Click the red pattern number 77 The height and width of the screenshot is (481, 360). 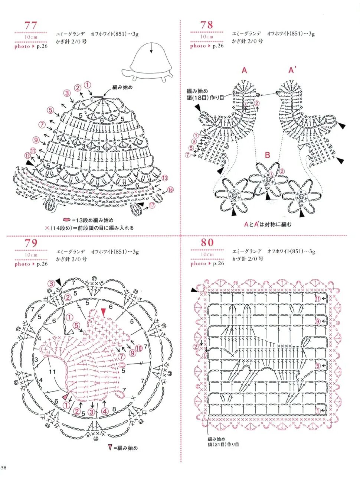(x=31, y=25)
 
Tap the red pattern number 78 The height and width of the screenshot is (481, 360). (x=207, y=25)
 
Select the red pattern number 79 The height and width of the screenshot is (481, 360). (x=31, y=243)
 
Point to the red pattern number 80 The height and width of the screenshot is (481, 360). (x=207, y=243)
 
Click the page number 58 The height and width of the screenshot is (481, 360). (x=4, y=467)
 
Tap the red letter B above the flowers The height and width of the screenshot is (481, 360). (x=267, y=155)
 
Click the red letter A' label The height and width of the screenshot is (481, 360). (x=292, y=70)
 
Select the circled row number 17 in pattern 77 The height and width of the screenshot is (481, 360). (x=152, y=205)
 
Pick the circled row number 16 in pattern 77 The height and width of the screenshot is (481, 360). (x=170, y=190)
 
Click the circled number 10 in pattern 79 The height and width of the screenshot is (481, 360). (x=138, y=348)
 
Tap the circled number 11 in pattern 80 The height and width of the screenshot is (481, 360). (x=318, y=299)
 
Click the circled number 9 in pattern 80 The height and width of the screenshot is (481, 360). (x=318, y=321)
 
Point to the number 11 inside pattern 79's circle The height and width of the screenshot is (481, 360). (x=52, y=371)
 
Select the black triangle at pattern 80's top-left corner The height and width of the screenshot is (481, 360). (x=194, y=290)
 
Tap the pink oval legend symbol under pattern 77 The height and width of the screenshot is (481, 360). (x=67, y=220)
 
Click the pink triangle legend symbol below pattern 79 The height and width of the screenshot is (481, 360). (x=110, y=448)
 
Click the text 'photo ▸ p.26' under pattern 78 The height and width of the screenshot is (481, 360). (x=207, y=46)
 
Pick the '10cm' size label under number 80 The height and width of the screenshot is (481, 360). (x=207, y=255)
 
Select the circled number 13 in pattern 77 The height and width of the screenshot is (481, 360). (x=164, y=178)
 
